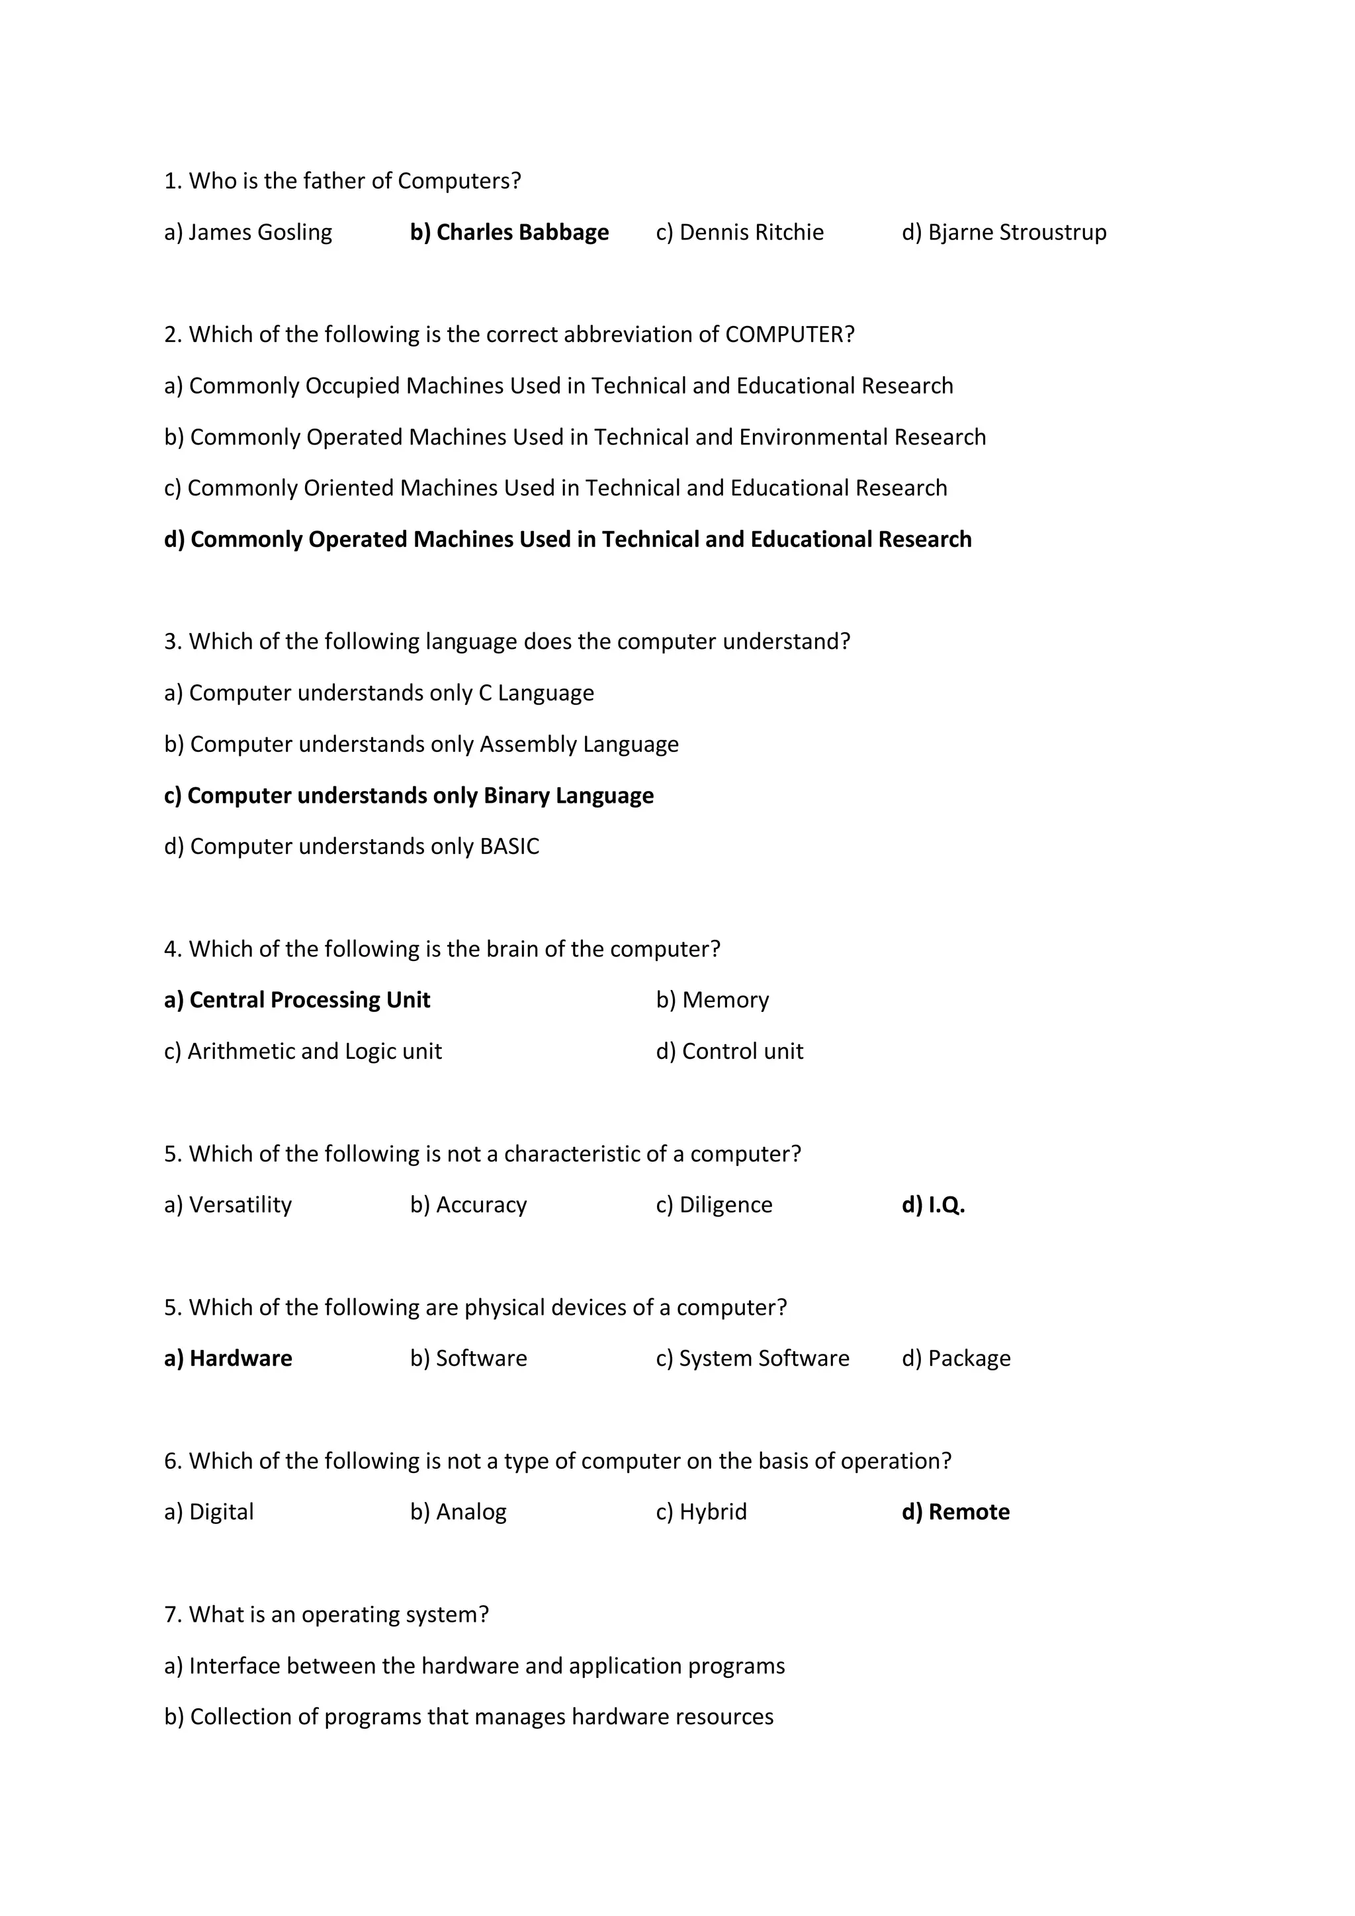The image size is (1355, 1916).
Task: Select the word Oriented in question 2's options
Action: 348,488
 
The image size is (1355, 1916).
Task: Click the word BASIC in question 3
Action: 509,847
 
